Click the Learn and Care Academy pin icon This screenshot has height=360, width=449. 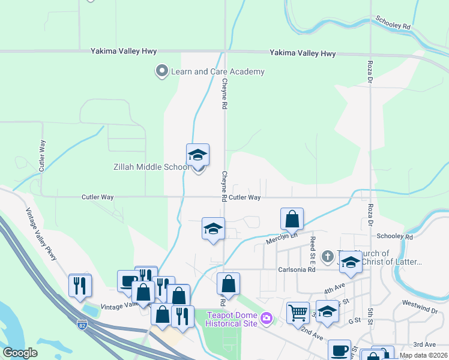(x=161, y=71)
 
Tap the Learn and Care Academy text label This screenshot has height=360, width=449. (x=217, y=72)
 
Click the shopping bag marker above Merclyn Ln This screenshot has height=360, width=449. (x=292, y=220)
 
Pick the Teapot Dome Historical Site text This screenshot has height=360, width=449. (x=231, y=319)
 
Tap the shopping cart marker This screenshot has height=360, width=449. (x=298, y=313)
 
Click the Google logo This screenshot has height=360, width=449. (x=20, y=353)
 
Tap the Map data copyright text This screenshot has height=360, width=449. (x=423, y=355)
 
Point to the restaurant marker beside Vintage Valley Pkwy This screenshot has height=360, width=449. (x=80, y=286)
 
